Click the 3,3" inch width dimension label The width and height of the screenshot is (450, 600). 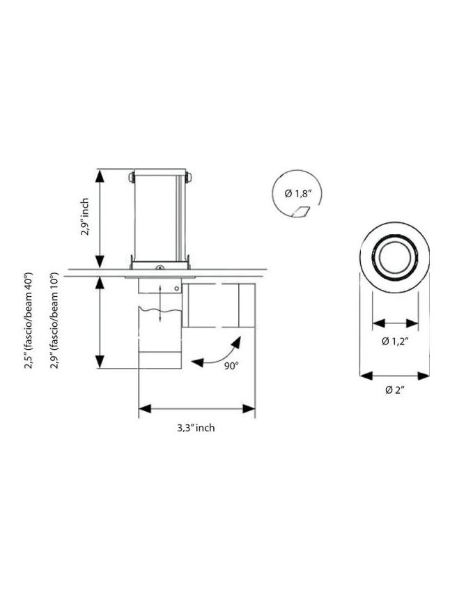(x=196, y=428)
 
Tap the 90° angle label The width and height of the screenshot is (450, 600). (x=231, y=367)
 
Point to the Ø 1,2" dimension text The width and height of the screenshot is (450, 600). (x=394, y=341)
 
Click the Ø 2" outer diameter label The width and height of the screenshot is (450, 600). (x=395, y=390)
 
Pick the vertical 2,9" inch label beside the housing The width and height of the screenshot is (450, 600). (x=84, y=217)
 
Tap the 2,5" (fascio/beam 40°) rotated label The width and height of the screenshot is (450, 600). (x=29, y=321)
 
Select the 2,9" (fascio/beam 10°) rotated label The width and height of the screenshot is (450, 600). (x=54, y=321)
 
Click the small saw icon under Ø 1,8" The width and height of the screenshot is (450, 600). (x=300, y=211)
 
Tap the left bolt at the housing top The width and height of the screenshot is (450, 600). (x=131, y=177)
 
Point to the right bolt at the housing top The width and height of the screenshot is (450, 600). (x=188, y=177)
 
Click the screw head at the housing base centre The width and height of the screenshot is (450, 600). (x=160, y=270)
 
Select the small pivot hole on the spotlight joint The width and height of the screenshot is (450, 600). (x=178, y=287)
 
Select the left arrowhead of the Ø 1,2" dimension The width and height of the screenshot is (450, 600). (x=378, y=323)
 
